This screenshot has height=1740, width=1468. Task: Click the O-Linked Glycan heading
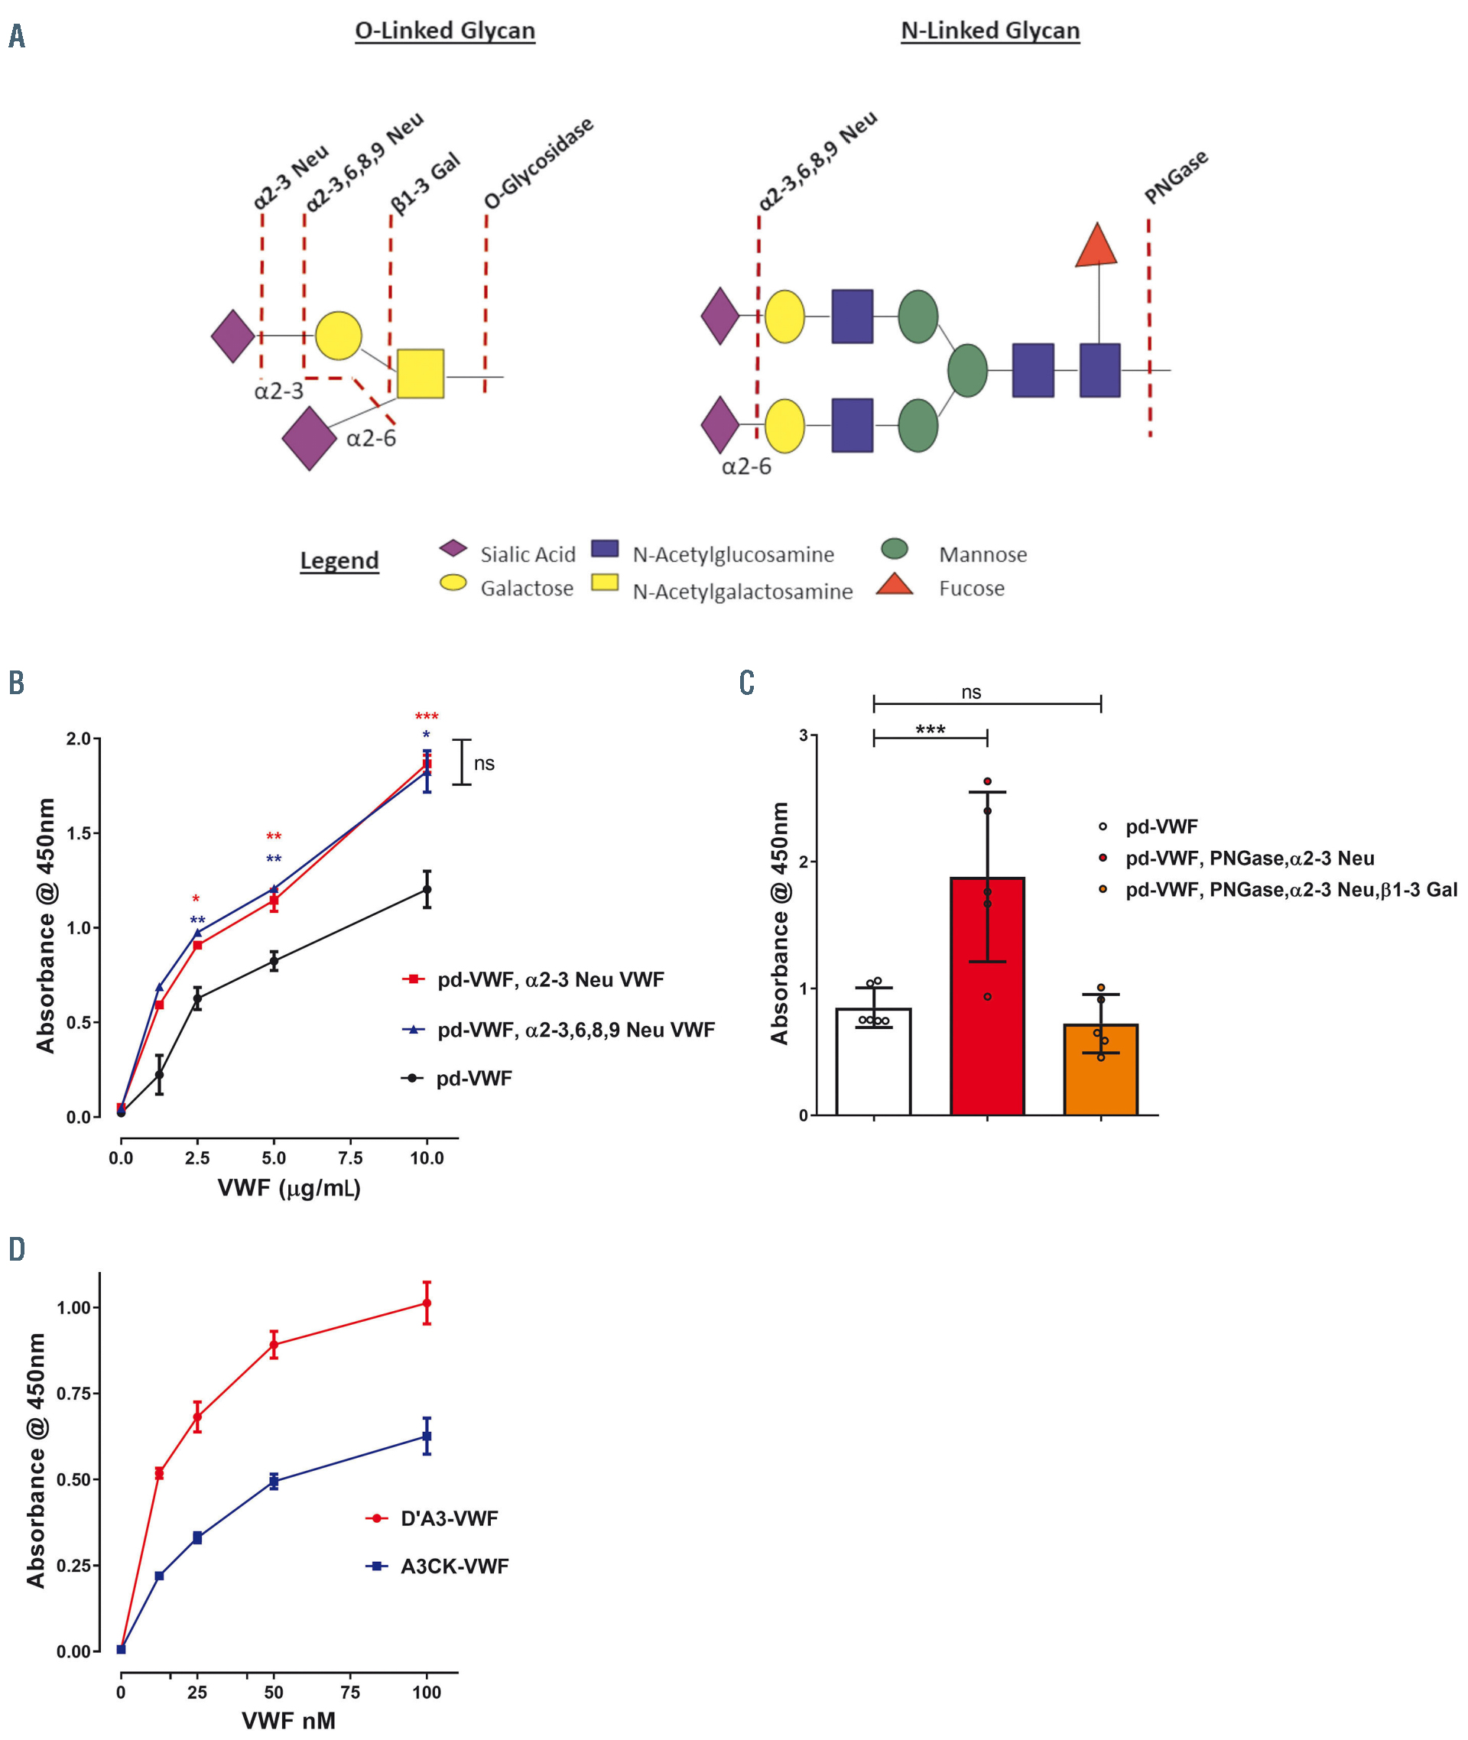444,31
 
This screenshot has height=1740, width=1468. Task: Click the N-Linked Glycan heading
989,31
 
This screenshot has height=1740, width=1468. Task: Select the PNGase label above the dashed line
1175,177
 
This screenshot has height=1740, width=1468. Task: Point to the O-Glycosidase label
538,163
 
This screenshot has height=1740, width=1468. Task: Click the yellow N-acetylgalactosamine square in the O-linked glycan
421,374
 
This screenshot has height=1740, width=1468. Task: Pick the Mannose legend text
982,554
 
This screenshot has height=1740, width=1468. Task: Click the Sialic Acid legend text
528,554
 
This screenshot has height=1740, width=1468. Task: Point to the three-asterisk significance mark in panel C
930,730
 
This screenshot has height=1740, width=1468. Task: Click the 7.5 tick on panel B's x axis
350,1157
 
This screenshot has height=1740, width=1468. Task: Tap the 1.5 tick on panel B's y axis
79,833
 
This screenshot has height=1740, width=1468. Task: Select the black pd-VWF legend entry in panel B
473,1079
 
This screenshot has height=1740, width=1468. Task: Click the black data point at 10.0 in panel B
427,890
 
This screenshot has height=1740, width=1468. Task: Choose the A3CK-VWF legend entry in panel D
453,1566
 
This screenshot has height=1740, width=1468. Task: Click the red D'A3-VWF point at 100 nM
427,1302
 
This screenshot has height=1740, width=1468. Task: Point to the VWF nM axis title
288,1720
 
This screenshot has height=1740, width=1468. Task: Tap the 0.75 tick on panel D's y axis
73,1393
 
